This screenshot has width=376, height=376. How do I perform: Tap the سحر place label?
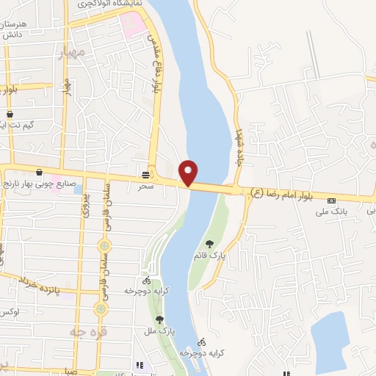pos(146,187)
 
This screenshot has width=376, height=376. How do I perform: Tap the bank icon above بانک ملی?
pos(331,200)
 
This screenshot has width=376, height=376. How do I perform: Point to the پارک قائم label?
pos(214,256)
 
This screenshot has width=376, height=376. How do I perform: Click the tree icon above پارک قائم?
pos(210,244)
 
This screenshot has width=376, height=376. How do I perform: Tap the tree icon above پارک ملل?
pos(159,319)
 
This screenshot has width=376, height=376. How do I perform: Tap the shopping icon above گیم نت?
pos(11,115)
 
